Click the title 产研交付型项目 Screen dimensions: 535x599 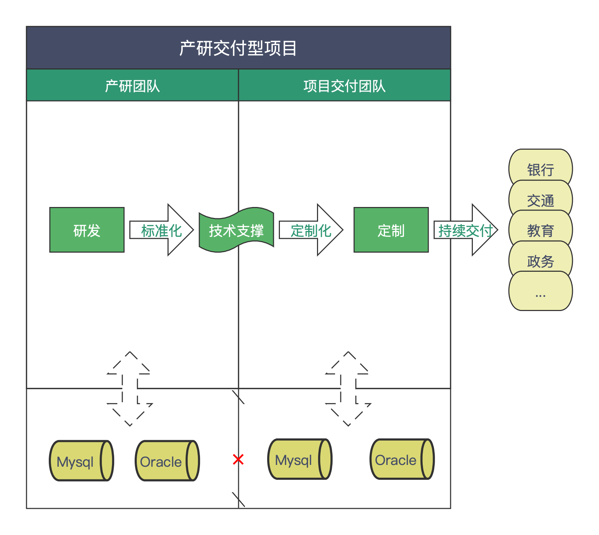coord(238,48)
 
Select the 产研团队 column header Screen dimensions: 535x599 coord(133,86)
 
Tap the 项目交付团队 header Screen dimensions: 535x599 coord(345,86)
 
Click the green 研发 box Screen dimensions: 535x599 coord(87,230)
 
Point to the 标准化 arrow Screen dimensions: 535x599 coord(162,230)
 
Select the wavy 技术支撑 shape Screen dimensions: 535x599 coord(236,230)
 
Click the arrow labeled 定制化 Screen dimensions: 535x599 coord(311,230)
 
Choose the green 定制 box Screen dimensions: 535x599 coord(391,230)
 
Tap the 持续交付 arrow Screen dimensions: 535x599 coord(465,230)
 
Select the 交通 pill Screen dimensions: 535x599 coord(540,200)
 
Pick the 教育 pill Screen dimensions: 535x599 coord(540,230)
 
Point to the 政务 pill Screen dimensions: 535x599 coord(540,261)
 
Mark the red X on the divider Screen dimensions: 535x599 coord(238,460)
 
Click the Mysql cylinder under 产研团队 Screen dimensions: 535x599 coord(81,461)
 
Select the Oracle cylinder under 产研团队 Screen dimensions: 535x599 coord(167,461)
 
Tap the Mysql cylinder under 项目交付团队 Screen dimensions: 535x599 coord(300,459)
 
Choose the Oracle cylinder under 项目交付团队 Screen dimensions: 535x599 coord(402,459)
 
